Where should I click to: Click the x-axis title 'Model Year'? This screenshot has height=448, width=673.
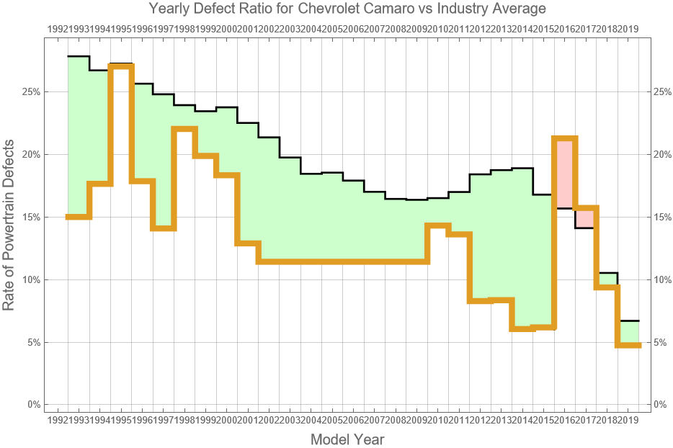coord(347,439)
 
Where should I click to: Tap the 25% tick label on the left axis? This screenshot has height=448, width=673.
coord(29,92)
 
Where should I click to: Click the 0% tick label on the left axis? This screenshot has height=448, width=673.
coord(32,405)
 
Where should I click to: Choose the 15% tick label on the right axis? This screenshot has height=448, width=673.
coord(664,217)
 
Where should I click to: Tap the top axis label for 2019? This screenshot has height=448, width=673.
coord(628,29)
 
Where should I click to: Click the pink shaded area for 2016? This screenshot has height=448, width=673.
coord(564,173)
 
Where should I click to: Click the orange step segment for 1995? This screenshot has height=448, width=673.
coord(121,66)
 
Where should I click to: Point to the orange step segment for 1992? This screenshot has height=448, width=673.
coord(78,217)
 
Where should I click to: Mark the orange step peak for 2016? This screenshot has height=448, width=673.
coord(564,138)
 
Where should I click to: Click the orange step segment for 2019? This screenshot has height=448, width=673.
coord(628,346)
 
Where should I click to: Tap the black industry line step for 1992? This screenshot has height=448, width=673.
coord(78,56)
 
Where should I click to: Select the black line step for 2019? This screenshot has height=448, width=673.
coord(628,321)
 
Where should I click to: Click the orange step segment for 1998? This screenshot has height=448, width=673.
coord(184,129)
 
